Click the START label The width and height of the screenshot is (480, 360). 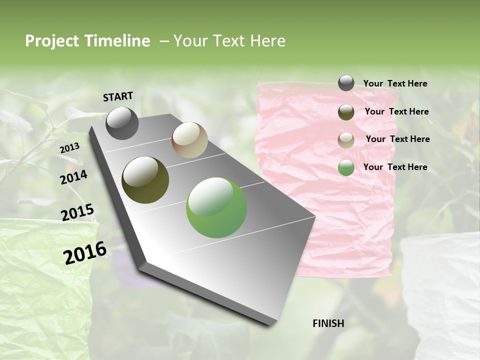click(118, 96)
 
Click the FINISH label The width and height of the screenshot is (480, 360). click(328, 323)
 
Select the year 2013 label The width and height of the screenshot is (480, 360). click(69, 148)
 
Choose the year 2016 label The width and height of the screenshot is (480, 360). click(85, 253)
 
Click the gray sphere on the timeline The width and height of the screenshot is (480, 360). click(122, 123)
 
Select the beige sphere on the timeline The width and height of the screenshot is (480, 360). click(189, 140)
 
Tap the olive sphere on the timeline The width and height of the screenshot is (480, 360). click(145, 180)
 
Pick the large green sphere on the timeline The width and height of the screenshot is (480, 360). click(216, 207)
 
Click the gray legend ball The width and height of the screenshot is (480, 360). click(346, 83)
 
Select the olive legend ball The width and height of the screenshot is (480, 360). click(346, 112)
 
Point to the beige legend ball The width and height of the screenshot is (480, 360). click(346, 140)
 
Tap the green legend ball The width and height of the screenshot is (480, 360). click(346, 167)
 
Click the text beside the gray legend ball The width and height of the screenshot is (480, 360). click(395, 83)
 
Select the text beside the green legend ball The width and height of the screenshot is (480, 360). click(395, 167)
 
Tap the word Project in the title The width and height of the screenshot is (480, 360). click(50, 41)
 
